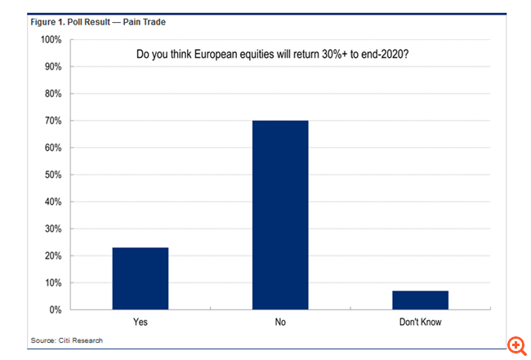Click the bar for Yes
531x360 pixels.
(141, 278)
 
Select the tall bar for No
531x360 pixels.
(280, 216)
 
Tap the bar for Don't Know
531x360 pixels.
(420, 300)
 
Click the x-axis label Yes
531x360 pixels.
(141, 322)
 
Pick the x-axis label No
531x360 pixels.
(280, 322)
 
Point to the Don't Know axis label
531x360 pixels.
(420, 322)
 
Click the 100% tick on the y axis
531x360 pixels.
(51, 40)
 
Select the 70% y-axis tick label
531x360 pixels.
(52, 121)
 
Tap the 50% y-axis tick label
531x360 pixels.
(52, 175)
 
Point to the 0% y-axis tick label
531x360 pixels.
(55, 310)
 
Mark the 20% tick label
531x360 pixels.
(52, 256)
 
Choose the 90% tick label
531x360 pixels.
(52, 67)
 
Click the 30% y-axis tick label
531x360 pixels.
(52, 229)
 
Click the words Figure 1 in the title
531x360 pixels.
(48, 22)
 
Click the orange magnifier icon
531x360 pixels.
(515, 344)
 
